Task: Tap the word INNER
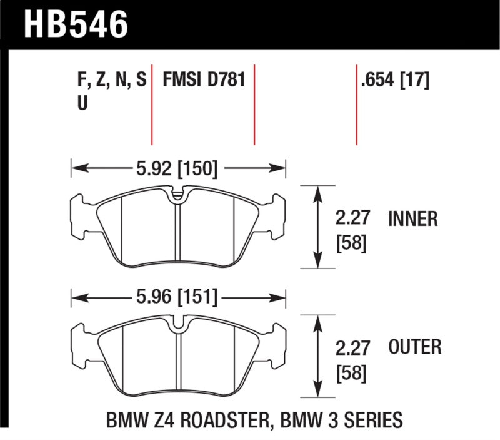tap(412, 219)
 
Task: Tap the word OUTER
tap(415, 346)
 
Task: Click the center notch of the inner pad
tap(179, 195)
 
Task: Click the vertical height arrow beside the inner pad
tap(319, 227)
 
